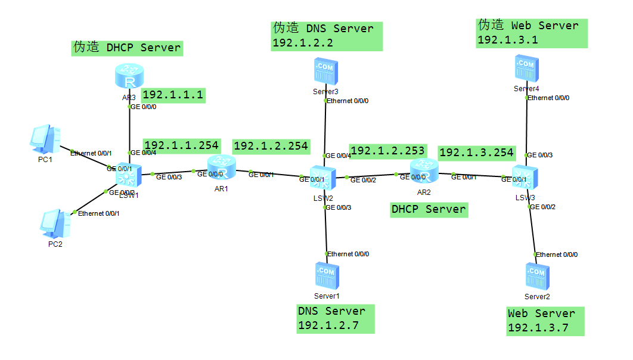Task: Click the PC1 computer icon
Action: [x=45, y=139]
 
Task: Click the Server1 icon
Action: [x=326, y=276]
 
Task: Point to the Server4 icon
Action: [x=526, y=69]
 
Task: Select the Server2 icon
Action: [x=536, y=277]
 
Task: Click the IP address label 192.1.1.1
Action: [x=173, y=95]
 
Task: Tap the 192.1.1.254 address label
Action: [x=182, y=145]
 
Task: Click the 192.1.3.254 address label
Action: [x=476, y=153]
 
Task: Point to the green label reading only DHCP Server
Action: [x=429, y=209]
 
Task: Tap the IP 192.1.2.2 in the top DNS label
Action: [x=303, y=43]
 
